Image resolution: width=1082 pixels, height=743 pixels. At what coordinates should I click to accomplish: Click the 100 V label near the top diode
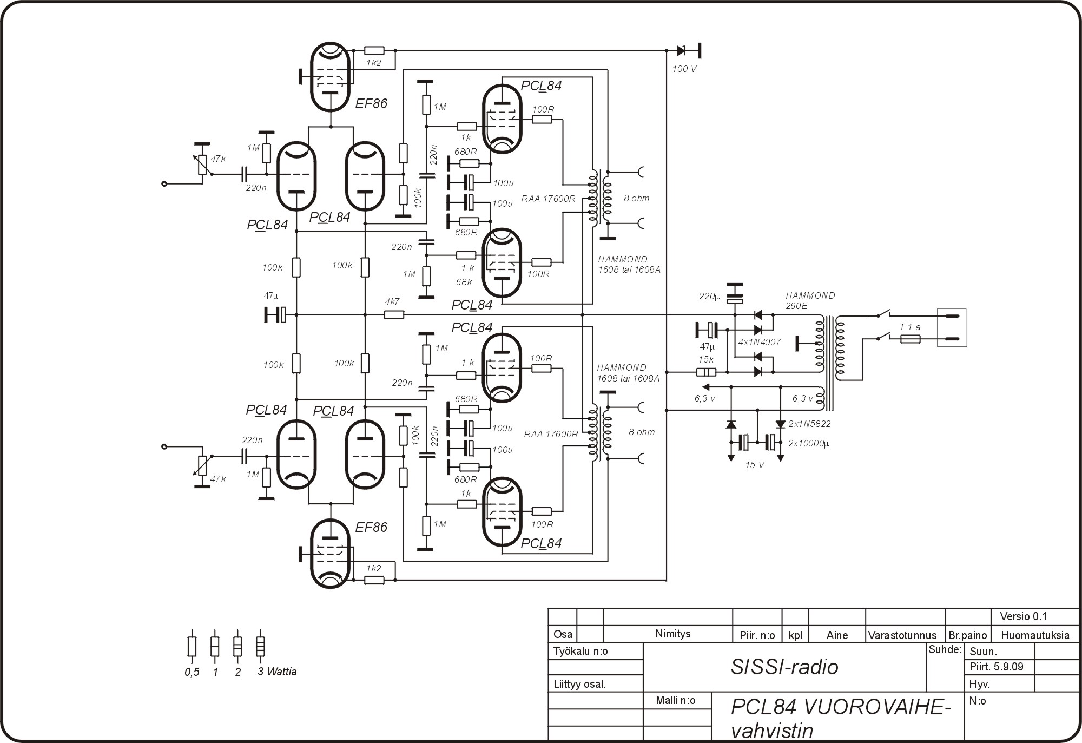[x=684, y=69]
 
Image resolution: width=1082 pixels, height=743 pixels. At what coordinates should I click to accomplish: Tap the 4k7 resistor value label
[x=392, y=302]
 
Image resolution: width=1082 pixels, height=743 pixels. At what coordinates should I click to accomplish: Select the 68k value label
[x=464, y=282]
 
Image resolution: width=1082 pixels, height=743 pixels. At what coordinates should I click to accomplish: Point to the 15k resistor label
[x=705, y=359]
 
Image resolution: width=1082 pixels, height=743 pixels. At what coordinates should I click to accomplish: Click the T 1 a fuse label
[x=910, y=327]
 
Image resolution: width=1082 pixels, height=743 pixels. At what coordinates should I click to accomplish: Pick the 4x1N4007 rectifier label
[x=759, y=343]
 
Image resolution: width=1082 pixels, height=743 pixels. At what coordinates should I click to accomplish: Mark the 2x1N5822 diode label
[x=809, y=424]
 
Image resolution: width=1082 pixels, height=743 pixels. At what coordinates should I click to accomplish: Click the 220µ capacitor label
[x=709, y=297]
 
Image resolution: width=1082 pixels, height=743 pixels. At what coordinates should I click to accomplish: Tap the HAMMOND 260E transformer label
[x=810, y=300]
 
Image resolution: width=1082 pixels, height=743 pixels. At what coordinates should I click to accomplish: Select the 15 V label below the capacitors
[x=754, y=465]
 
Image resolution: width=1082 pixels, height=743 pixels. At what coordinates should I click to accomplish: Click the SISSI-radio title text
[x=784, y=667]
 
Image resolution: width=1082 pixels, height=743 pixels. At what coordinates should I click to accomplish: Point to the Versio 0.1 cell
[x=1023, y=616]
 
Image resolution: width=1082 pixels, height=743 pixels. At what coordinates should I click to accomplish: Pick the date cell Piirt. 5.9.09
[x=997, y=667]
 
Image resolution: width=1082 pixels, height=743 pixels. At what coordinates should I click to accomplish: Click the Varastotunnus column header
[x=902, y=635]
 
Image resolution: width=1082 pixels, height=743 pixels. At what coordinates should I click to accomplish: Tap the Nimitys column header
[x=672, y=634]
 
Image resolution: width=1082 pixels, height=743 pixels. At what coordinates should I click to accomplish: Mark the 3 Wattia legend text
[x=277, y=672]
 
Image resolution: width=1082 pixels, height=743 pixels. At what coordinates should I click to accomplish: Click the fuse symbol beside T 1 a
[x=911, y=339]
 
